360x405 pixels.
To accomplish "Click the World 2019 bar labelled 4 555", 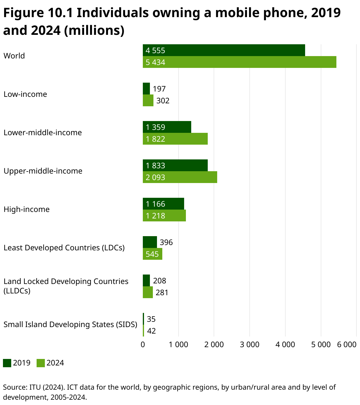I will (x=224, y=50).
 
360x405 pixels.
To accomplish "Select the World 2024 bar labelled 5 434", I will (x=239, y=62).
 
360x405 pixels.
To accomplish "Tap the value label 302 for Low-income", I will (x=163, y=101).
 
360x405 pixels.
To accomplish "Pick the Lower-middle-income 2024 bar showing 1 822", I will (x=175, y=139).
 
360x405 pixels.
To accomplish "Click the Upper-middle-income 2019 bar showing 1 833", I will (x=175, y=165).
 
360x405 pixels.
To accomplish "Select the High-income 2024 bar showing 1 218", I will (x=164, y=215).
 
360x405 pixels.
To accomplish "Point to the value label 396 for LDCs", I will (x=166, y=242).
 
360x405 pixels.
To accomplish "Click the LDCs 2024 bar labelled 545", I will (x=153, y=254).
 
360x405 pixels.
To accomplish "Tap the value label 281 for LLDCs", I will (x=162, y=293).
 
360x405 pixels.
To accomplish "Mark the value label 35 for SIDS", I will (x=151, y=319).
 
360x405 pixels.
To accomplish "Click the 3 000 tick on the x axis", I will (x=250, y=344).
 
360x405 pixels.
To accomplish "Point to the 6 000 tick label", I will (x=347, y=344).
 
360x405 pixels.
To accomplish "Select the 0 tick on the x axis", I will (x=143, y=344).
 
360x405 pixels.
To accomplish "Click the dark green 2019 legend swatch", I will (x=7, y=363).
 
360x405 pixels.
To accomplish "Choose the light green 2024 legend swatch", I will (x=41, y=363).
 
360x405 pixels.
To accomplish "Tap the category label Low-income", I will (x=25, y=94).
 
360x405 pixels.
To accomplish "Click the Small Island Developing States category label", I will (x=70, y=324).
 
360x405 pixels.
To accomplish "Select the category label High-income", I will (x=27, y=209).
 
